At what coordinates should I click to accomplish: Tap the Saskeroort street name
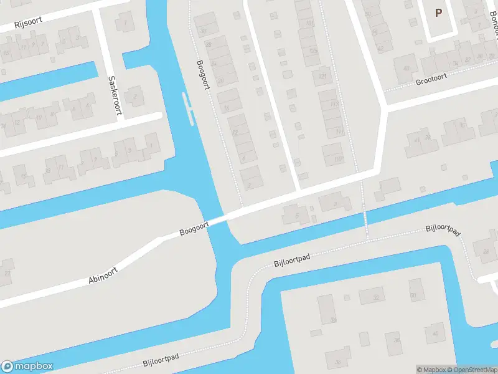(x=114, y=95)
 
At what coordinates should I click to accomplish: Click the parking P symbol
(x=438, y=12)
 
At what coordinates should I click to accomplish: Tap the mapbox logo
(x=27, y=367)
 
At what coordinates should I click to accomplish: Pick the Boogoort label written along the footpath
(x=203, y=75)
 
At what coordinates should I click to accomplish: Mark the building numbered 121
(x=323, y=76)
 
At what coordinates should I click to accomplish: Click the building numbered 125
(x=314, y=50)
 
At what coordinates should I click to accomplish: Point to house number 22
(x=7, y=273)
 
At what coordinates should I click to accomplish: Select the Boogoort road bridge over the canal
(x=217, y=219)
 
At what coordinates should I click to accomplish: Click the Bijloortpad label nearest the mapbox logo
(x=161, y=358)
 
